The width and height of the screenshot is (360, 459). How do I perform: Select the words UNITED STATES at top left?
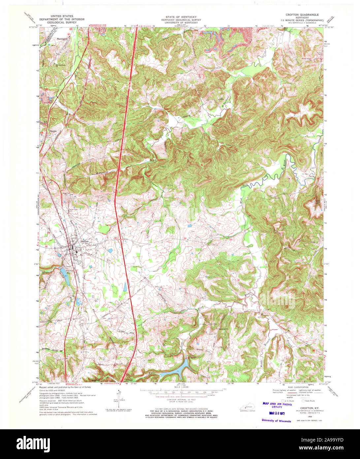62,16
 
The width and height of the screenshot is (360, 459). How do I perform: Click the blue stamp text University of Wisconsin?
277,421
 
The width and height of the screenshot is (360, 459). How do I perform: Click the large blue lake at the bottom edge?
175,369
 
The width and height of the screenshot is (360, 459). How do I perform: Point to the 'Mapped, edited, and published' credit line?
65,387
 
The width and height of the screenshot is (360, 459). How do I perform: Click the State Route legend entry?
309,400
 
